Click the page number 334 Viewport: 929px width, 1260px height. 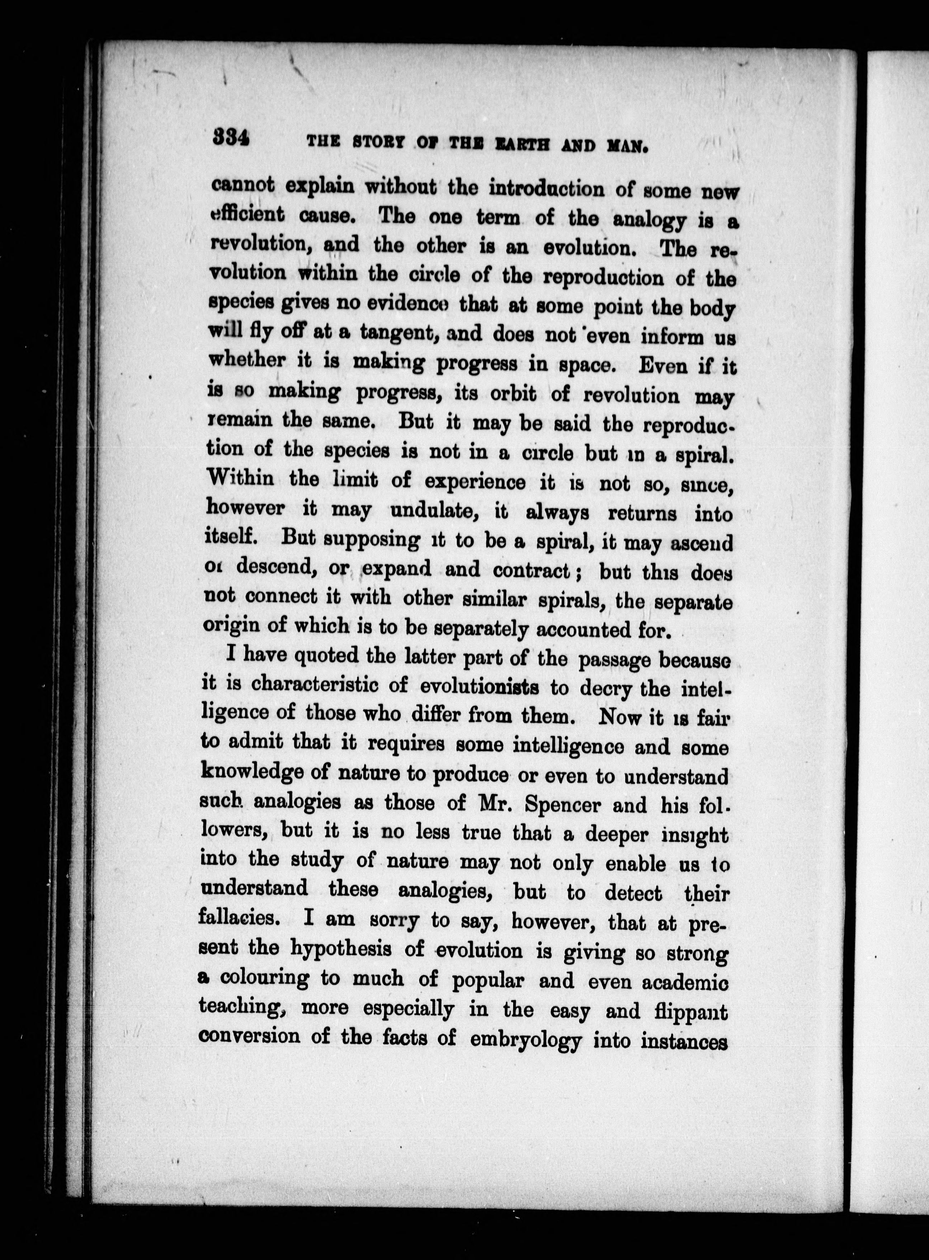pyautogui.click(x=231, y=138)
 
